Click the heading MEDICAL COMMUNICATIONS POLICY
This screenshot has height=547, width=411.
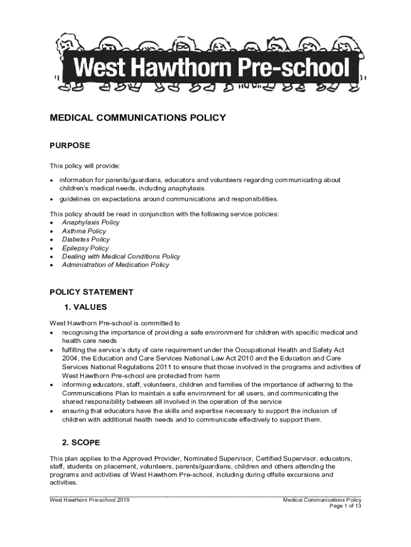click(138, 118)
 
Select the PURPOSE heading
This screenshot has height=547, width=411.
click(70, 145)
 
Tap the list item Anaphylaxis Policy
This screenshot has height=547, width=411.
click(91, 222)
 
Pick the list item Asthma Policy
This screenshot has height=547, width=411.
click(84, 231)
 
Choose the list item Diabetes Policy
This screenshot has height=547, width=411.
click(85, 239)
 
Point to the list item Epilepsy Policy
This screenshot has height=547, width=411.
click(85, 248)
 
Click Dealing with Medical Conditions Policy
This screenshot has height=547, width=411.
click(121, 256)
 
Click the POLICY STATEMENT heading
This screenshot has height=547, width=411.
click(91, 292)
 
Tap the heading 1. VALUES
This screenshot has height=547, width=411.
click(85, 307)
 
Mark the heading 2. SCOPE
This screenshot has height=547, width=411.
click(81, 443)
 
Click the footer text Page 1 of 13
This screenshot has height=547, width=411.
click(345, 506)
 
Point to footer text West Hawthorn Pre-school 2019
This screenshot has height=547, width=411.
click(90, 500)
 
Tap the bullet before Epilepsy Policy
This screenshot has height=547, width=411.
click(51, 248)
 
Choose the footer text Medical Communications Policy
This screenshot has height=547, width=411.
click(322, 500)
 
